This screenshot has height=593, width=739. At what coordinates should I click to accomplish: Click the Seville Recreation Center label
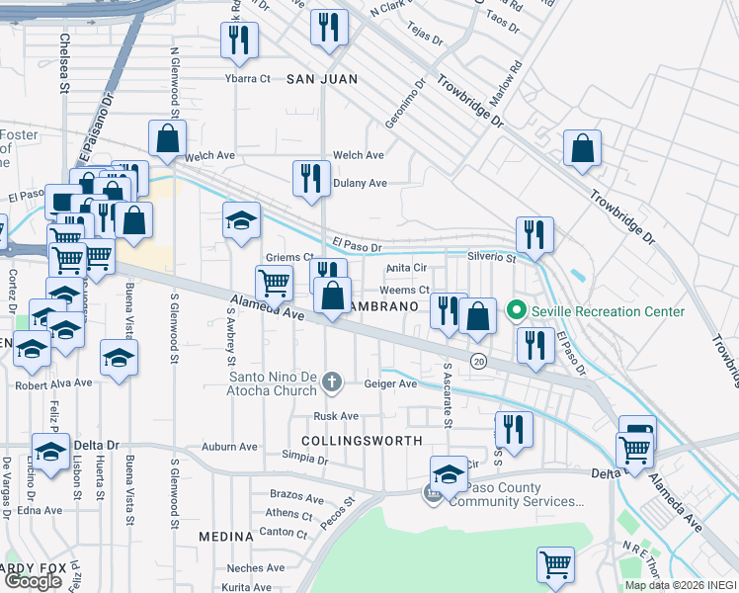pos(608,312)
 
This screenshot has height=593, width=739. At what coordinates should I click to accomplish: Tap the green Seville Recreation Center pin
pos(516,312)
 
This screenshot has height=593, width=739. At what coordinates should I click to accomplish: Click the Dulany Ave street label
pos(360,183)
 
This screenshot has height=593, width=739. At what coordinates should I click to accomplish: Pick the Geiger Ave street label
pos(391,383)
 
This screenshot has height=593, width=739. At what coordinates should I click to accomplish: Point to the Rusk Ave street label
pos(334,416)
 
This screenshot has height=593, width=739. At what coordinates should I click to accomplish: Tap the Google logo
pos(33,581)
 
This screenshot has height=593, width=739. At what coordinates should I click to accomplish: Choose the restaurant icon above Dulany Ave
pos(311,178)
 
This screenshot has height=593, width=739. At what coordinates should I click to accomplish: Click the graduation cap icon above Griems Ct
pos(241,223)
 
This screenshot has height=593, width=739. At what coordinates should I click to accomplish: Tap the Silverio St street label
pos(491,258)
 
